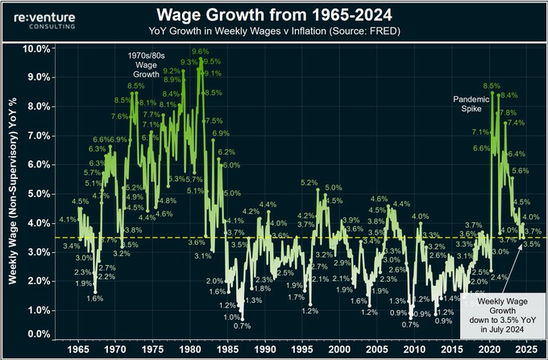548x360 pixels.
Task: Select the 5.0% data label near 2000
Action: tap(333, 188)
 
